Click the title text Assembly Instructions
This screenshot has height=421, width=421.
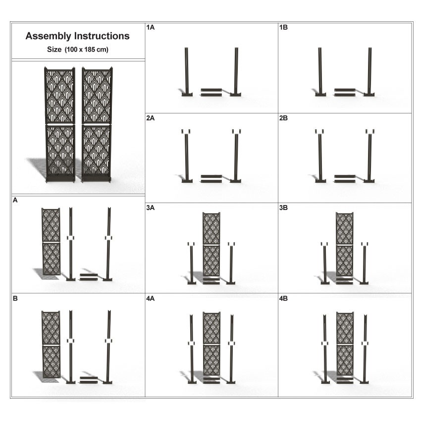tap(78, 36)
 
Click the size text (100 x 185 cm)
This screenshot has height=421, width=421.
tap(78, 50)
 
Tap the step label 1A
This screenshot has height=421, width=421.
tap(151, 28)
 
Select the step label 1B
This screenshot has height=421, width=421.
tap(284, 28)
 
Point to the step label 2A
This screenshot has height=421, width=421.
tap(151, 118)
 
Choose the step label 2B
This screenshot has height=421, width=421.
tap(284, 118)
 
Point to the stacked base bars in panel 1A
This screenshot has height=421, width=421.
tap(211, 92)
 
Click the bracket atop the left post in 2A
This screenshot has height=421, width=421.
tap(186, 131)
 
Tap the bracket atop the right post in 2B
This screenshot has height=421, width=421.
tap(369, 131)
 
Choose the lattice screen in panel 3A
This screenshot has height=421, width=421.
tap(211, 245)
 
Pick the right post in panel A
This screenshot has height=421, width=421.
tap(108, 243)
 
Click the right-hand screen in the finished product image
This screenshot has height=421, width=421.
tap(97, 124)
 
